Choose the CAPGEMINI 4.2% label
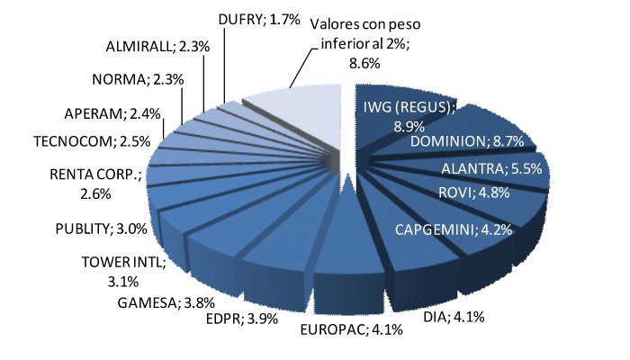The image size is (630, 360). pyautogui.click(x=454, y=229)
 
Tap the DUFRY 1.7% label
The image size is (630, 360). pyautogui.click(x=259, y=18)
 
